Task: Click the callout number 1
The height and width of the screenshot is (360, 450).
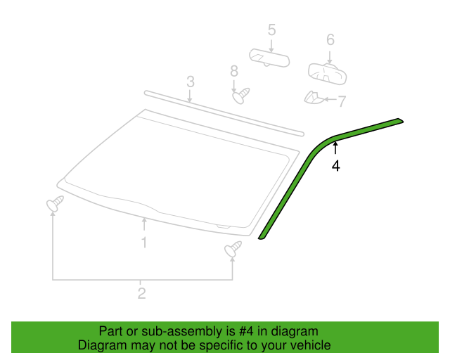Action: coord(144,243)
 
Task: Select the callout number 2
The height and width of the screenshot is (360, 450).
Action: coord(142,293)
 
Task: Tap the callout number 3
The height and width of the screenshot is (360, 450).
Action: coord(191,82)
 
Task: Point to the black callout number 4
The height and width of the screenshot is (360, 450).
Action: coord(336,166)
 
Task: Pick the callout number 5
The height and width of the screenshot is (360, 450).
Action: coord(272,30)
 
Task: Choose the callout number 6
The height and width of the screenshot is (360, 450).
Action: coord(330,39)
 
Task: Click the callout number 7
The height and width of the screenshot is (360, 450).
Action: coord(342,101)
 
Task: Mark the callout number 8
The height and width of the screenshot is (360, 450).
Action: coord(234,71)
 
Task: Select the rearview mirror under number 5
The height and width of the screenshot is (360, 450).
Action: coord(269,58)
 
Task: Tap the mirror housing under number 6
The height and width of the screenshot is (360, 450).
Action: coord(327,74)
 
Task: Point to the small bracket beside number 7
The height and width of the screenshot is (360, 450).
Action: coord(314,98)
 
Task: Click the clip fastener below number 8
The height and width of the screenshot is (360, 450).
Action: coord(240,96)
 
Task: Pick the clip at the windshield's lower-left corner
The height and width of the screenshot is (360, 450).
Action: coord(55,203)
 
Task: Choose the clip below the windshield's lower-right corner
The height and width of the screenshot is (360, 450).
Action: coord(233,249)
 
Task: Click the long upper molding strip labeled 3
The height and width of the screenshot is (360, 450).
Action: coord(224,113)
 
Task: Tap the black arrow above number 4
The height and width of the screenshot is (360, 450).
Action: coord(335,148)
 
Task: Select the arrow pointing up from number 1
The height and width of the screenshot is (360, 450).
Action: coord(144,224)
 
